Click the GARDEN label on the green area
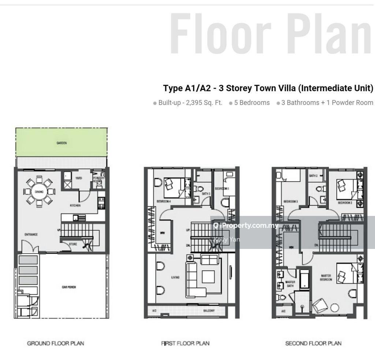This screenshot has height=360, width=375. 62,143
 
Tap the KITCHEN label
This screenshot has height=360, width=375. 75,206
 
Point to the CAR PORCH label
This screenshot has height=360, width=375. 69,287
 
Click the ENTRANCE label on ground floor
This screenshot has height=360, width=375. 31,235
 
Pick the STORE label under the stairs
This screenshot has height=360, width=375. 73,244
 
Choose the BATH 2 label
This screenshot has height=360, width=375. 313,176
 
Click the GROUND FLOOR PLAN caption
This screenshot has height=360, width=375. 56,344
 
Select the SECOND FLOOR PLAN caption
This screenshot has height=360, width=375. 313,344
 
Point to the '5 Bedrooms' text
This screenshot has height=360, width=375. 252,103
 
